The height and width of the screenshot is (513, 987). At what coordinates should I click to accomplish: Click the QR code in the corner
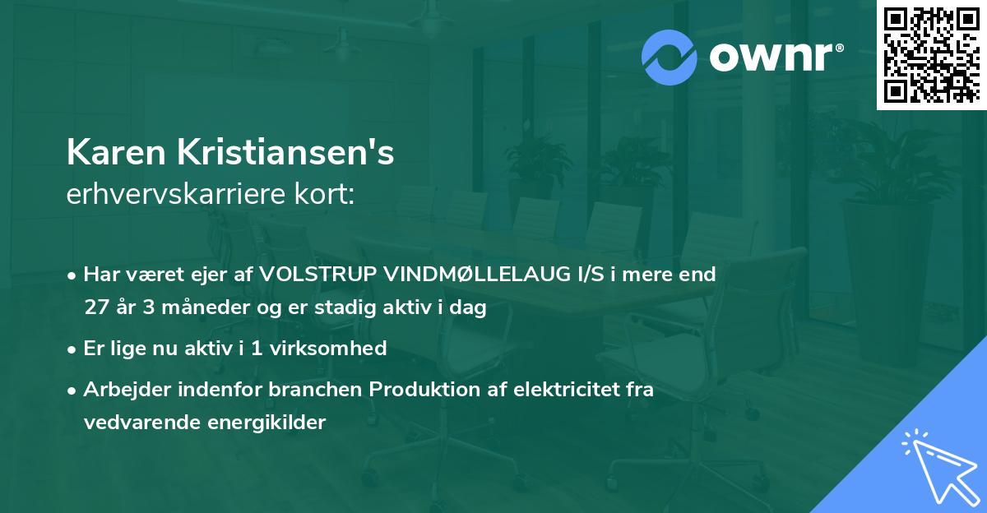point(931,54)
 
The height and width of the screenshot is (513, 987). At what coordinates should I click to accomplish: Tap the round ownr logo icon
point(668,57)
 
